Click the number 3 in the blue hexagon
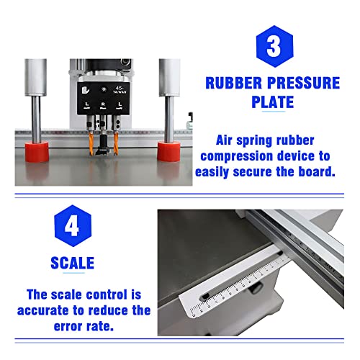tap(274, 45)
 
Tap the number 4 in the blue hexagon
tap(72, 228)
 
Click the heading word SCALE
tap(71, 263)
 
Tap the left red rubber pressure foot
tap(37, 151)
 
